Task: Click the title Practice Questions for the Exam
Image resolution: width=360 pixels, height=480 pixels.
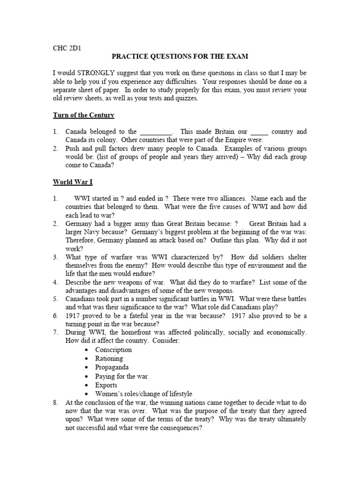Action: tap(180, 56)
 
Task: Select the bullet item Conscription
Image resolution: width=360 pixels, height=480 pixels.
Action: tap(113, 350)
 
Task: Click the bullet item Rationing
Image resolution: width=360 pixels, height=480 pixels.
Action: tap(109, 359)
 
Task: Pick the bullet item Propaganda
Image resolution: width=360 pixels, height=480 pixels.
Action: tap(112, 367)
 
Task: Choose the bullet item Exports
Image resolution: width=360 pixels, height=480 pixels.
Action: tap(106, 385)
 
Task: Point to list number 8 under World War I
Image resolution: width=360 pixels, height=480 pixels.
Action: tap(55, 403)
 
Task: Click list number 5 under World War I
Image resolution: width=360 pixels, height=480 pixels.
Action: tap(55, 299)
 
